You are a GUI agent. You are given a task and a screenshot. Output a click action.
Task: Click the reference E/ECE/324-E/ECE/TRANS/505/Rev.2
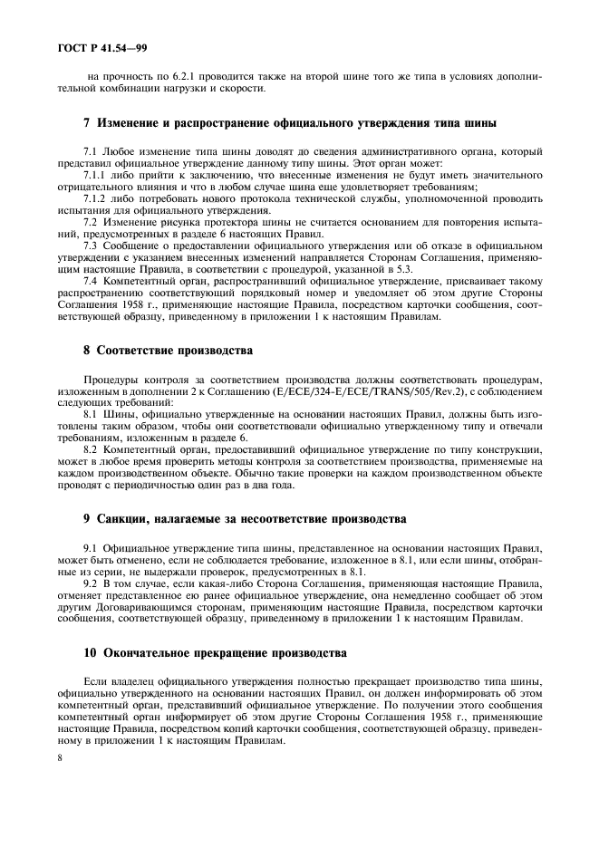click(364, 392)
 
